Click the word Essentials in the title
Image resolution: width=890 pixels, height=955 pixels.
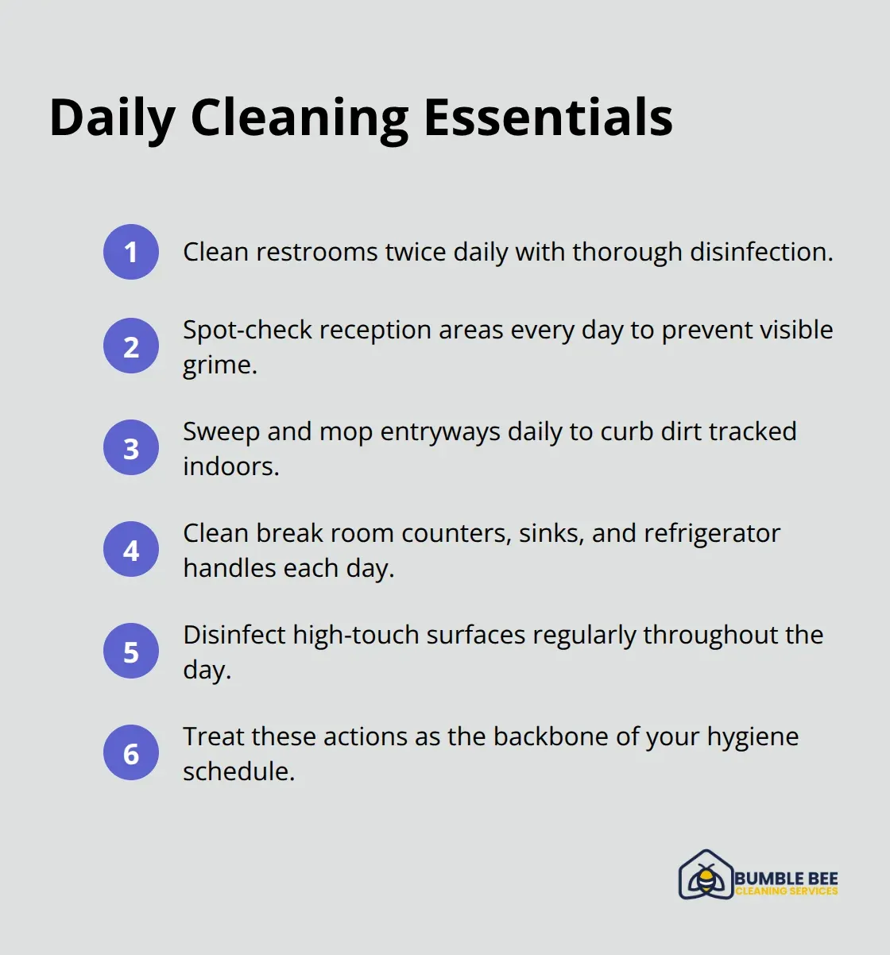click(548, 118)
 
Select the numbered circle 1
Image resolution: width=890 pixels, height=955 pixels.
click(131, 252)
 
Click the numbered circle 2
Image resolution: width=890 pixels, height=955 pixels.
click(131, 346)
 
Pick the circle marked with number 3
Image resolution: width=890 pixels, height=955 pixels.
click(131, 448)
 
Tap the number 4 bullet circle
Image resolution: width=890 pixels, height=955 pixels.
click(131, 550)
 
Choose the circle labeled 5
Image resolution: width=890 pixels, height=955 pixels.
click(131, 651)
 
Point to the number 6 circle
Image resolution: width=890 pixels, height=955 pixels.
click(131, 753)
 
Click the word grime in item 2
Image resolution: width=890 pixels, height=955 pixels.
click(219, 365)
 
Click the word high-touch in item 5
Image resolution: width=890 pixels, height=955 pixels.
click(357, 635)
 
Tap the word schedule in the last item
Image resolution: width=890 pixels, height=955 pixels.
click(238, 771)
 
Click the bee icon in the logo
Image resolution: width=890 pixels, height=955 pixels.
click(705, 877)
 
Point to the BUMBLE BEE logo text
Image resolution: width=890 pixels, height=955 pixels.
click(786, 878)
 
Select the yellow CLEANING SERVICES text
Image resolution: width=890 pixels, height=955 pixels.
click(786, 891)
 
